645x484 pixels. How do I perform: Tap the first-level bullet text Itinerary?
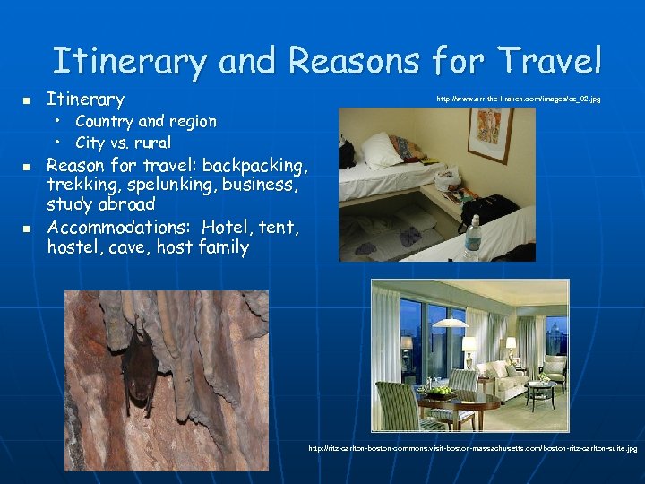(x=85, y=99)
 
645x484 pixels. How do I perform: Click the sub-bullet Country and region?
(x=145, y=121)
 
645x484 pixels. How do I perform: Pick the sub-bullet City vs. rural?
(x=123, y=143)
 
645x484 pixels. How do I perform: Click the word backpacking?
(x=254, y=165)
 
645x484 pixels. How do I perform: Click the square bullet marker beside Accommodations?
(x=27, y=229)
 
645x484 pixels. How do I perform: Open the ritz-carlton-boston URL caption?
(x=472, y=447)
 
